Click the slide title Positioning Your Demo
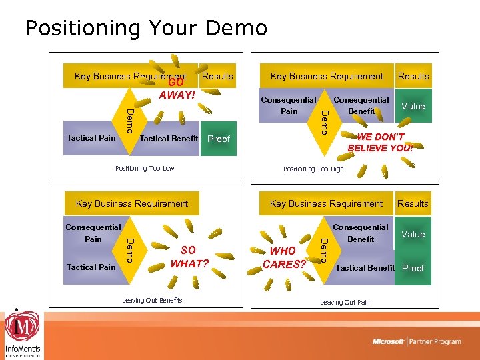[145, 28]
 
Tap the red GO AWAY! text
[177, 89]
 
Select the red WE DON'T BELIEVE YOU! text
[380, 142]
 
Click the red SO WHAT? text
[189, 257]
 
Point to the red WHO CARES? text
[283, 257]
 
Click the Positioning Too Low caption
[145, 169]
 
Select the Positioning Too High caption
[313, 169]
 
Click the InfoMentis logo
[22, 333]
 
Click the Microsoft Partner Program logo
[417, 341]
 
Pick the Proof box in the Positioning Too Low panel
[219, 139]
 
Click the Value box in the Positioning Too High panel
[413, 106]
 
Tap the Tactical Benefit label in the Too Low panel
[169, 139]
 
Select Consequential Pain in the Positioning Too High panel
[289, 105]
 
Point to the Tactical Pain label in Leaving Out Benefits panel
[91, 267]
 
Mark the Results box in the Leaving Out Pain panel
[413, 203]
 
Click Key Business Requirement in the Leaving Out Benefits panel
[132, 203]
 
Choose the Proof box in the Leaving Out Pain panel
[413, 268]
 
